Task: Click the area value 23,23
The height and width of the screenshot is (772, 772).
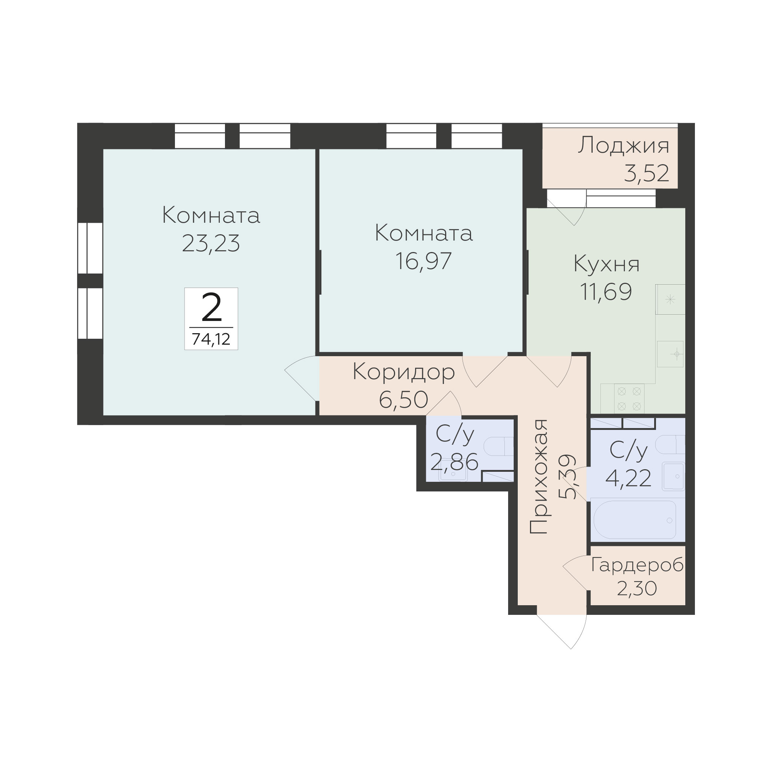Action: [x=211, y=243]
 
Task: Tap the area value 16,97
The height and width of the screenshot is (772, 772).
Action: [x=424, y=261]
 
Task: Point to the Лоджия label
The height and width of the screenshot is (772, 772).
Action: [x=623, y=146]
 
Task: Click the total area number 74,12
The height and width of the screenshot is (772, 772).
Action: [x=211, y=339]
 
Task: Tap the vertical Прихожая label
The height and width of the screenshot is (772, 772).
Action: [x=538, y=477]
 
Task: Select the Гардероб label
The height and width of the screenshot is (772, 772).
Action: [x=637, y=566]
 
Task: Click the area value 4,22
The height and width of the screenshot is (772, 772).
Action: [x=629, y=478]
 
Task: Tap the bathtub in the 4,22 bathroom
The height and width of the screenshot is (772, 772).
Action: [x=635, y=520]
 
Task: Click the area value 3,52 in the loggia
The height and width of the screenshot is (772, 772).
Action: [x=646, y=173]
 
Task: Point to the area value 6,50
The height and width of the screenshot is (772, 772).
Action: [x=403, y=400]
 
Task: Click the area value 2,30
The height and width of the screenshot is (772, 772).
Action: [x=637, y=588]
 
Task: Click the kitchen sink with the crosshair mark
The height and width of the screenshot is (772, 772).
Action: [x=670, y=354]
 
